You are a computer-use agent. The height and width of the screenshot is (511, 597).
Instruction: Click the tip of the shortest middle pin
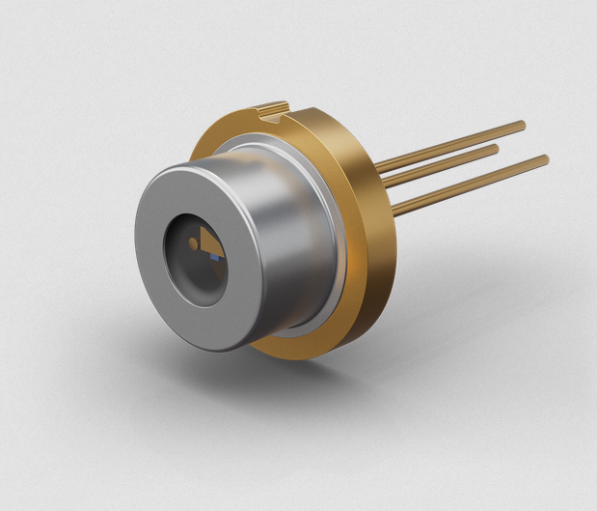[496, 149]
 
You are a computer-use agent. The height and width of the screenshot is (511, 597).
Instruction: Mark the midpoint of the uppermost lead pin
[448, 146]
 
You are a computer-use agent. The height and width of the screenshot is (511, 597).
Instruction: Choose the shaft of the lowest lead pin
[473, 181]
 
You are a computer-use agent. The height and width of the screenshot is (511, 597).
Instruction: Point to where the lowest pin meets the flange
[395, 205]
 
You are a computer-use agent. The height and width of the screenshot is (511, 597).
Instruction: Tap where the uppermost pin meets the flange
[377, 168]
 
